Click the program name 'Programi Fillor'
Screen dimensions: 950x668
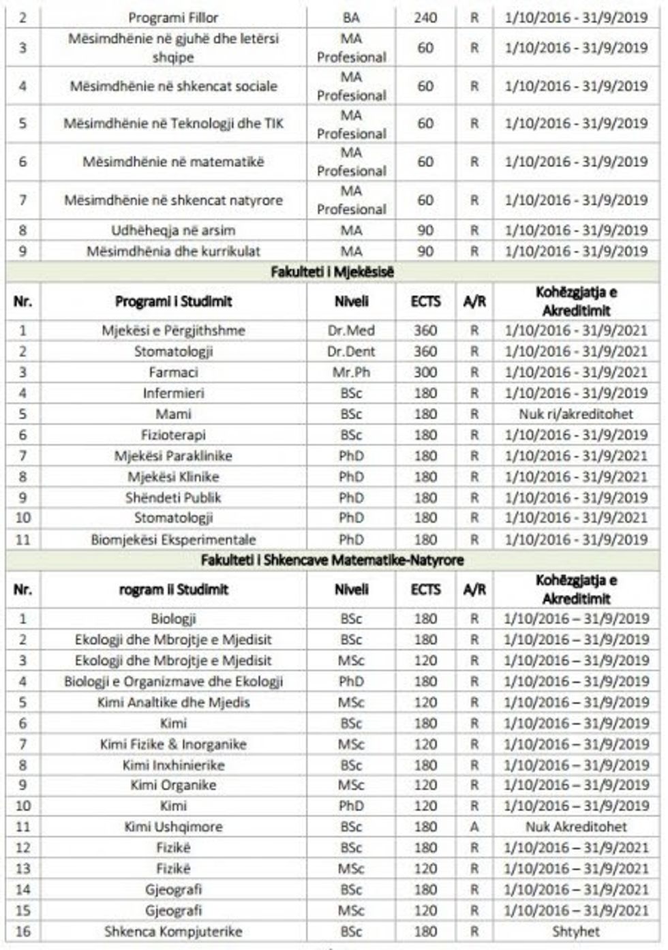click(x=173, y=18)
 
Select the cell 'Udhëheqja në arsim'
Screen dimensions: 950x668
click(x=173, y=230)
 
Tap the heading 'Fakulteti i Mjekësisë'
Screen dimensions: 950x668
click(x=332, y=273)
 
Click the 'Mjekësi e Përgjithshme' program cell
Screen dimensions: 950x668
click(x=173, y=331)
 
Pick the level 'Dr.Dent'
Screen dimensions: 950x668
click(x=351, y=352)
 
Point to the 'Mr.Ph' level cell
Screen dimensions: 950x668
click(x=351, y=373)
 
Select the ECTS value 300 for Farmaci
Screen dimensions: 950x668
click(x=425, y=373)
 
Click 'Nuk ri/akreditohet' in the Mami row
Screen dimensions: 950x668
click(x=576, y=414)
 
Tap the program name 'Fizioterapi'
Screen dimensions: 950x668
click(x=173, y=435)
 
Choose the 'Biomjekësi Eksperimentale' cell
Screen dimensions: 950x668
click(x=173, y=540)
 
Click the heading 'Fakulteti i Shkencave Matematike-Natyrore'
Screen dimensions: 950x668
click(x=332, y=561)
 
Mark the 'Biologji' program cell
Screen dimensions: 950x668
click(x=173, y=619)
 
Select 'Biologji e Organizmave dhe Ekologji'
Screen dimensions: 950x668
click(x=173, y=681)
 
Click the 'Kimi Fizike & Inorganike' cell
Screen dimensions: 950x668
click(x=173, y=744)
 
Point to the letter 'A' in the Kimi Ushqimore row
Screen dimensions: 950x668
click(x=474, y=827)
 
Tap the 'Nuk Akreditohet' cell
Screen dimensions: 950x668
click(x=576, y=827)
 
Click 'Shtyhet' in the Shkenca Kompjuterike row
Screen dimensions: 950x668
click(x=576, y=932)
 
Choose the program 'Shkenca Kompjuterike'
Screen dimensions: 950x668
click(x=173, y=932)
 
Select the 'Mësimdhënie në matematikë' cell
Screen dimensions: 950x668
click(x=173, y=162)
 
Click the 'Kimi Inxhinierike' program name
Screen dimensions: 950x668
click(x=173, y=765)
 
